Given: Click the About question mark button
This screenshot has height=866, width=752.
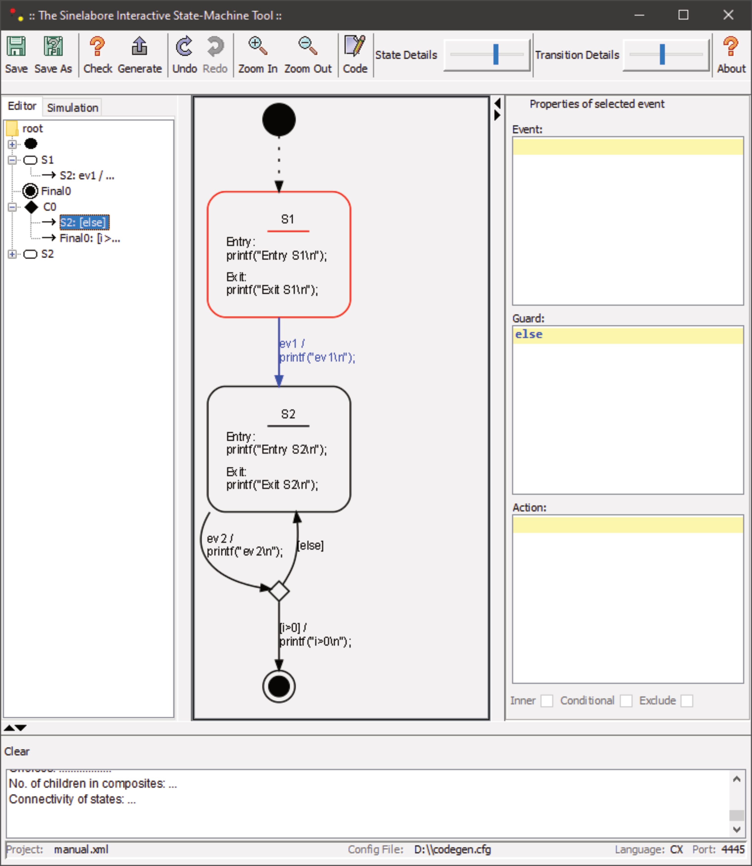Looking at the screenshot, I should tap(731, 55).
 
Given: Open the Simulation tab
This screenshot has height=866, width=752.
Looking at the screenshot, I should tap(72, 108).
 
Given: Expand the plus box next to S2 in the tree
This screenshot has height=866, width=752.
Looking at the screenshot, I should tap(12, 254).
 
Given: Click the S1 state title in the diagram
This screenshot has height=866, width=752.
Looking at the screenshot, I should tap(287, 219).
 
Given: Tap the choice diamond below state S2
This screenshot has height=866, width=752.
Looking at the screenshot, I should tap(279, 591).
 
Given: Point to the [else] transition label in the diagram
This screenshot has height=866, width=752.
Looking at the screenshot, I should tap(310, 545).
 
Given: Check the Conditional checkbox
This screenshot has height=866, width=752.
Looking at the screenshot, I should tap(626, 700).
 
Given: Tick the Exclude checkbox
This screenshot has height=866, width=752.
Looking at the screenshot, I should tap(686, 700).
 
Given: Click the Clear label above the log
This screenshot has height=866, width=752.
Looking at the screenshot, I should tap(17, 751).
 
